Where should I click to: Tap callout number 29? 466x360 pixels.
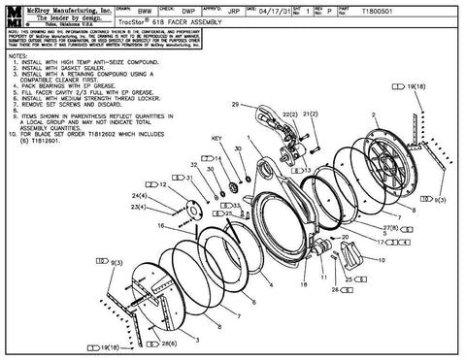(x=234, y=103)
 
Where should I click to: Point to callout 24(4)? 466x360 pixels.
(x=139, y=196)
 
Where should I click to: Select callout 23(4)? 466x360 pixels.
(x=139, y=208)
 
